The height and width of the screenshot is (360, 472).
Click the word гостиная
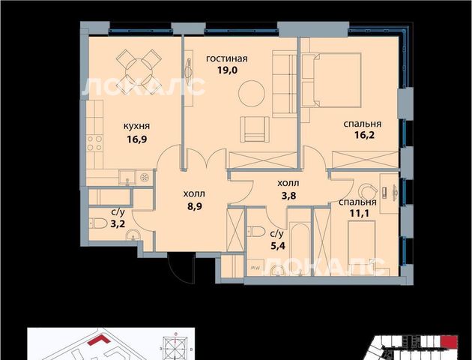coord(227,58)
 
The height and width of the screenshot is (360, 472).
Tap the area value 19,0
coord(227,70)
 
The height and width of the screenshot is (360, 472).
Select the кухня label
coord(136,126)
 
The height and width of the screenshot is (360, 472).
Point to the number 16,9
coord(136,139)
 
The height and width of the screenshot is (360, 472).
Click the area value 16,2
coord(364,135)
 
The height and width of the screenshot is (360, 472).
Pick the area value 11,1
coord(359,213)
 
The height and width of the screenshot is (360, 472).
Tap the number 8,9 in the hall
coord(194,207)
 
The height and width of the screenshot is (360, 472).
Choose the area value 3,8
coord(288,196)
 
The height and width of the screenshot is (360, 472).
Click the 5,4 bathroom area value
coord(277,246)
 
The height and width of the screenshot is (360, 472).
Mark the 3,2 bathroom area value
coord(118,223)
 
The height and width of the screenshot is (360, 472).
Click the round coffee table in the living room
coord(252,93)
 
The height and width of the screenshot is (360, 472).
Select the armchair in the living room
coord(255,129)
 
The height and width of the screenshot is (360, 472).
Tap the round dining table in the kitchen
coord(138,72)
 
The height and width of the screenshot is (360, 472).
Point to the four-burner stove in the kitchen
coord(94,143)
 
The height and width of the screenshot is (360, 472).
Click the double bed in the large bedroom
coord(331,80)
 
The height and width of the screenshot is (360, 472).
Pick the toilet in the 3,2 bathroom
coord(98,223)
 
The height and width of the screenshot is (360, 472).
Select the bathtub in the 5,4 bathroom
coord(299,249)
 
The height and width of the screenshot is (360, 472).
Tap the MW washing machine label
coord(255,268)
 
